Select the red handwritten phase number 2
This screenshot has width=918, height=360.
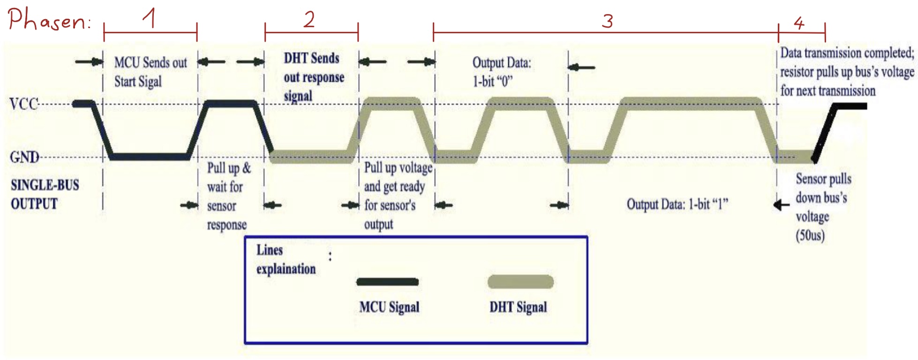pyautogui.click(x=309, y=19)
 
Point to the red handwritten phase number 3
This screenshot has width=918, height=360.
pyautogui.click(x=607, y=21)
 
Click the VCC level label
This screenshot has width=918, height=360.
pyautogui.click(x=24, y=104)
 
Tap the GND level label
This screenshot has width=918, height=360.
pyautogui.click(x=24, y=157)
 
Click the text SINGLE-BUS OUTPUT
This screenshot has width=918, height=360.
pyautogui.click(x=45, y=194)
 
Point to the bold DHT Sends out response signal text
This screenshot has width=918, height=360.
pyautogui.click(x=314, y=77)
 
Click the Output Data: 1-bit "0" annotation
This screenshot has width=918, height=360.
pyautogui.click(x=502, y=72)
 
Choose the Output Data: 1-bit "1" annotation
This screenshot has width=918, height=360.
pyautogui.click(x=677, y=204)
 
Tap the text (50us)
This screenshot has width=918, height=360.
pyautogui.click(x=810, y=235)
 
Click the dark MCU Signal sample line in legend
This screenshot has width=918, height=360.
pyautogui.click(x=387, y=282)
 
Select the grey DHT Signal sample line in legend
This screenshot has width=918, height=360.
pyautogui.click(x=520, y=282)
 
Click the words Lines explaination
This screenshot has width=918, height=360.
pyautogui.click(x=286, y=259)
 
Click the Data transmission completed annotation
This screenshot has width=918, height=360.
pyautogui.click(x=847, y=72)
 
